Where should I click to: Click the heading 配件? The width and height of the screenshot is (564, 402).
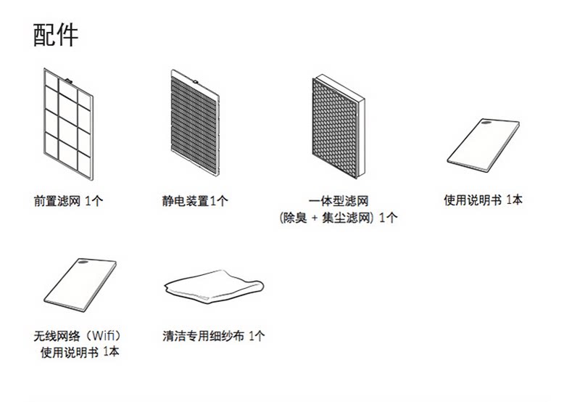[56, 35]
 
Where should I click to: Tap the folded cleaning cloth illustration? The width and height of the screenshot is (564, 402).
[212, 286]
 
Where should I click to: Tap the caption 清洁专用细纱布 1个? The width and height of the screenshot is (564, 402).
[214, 337]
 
